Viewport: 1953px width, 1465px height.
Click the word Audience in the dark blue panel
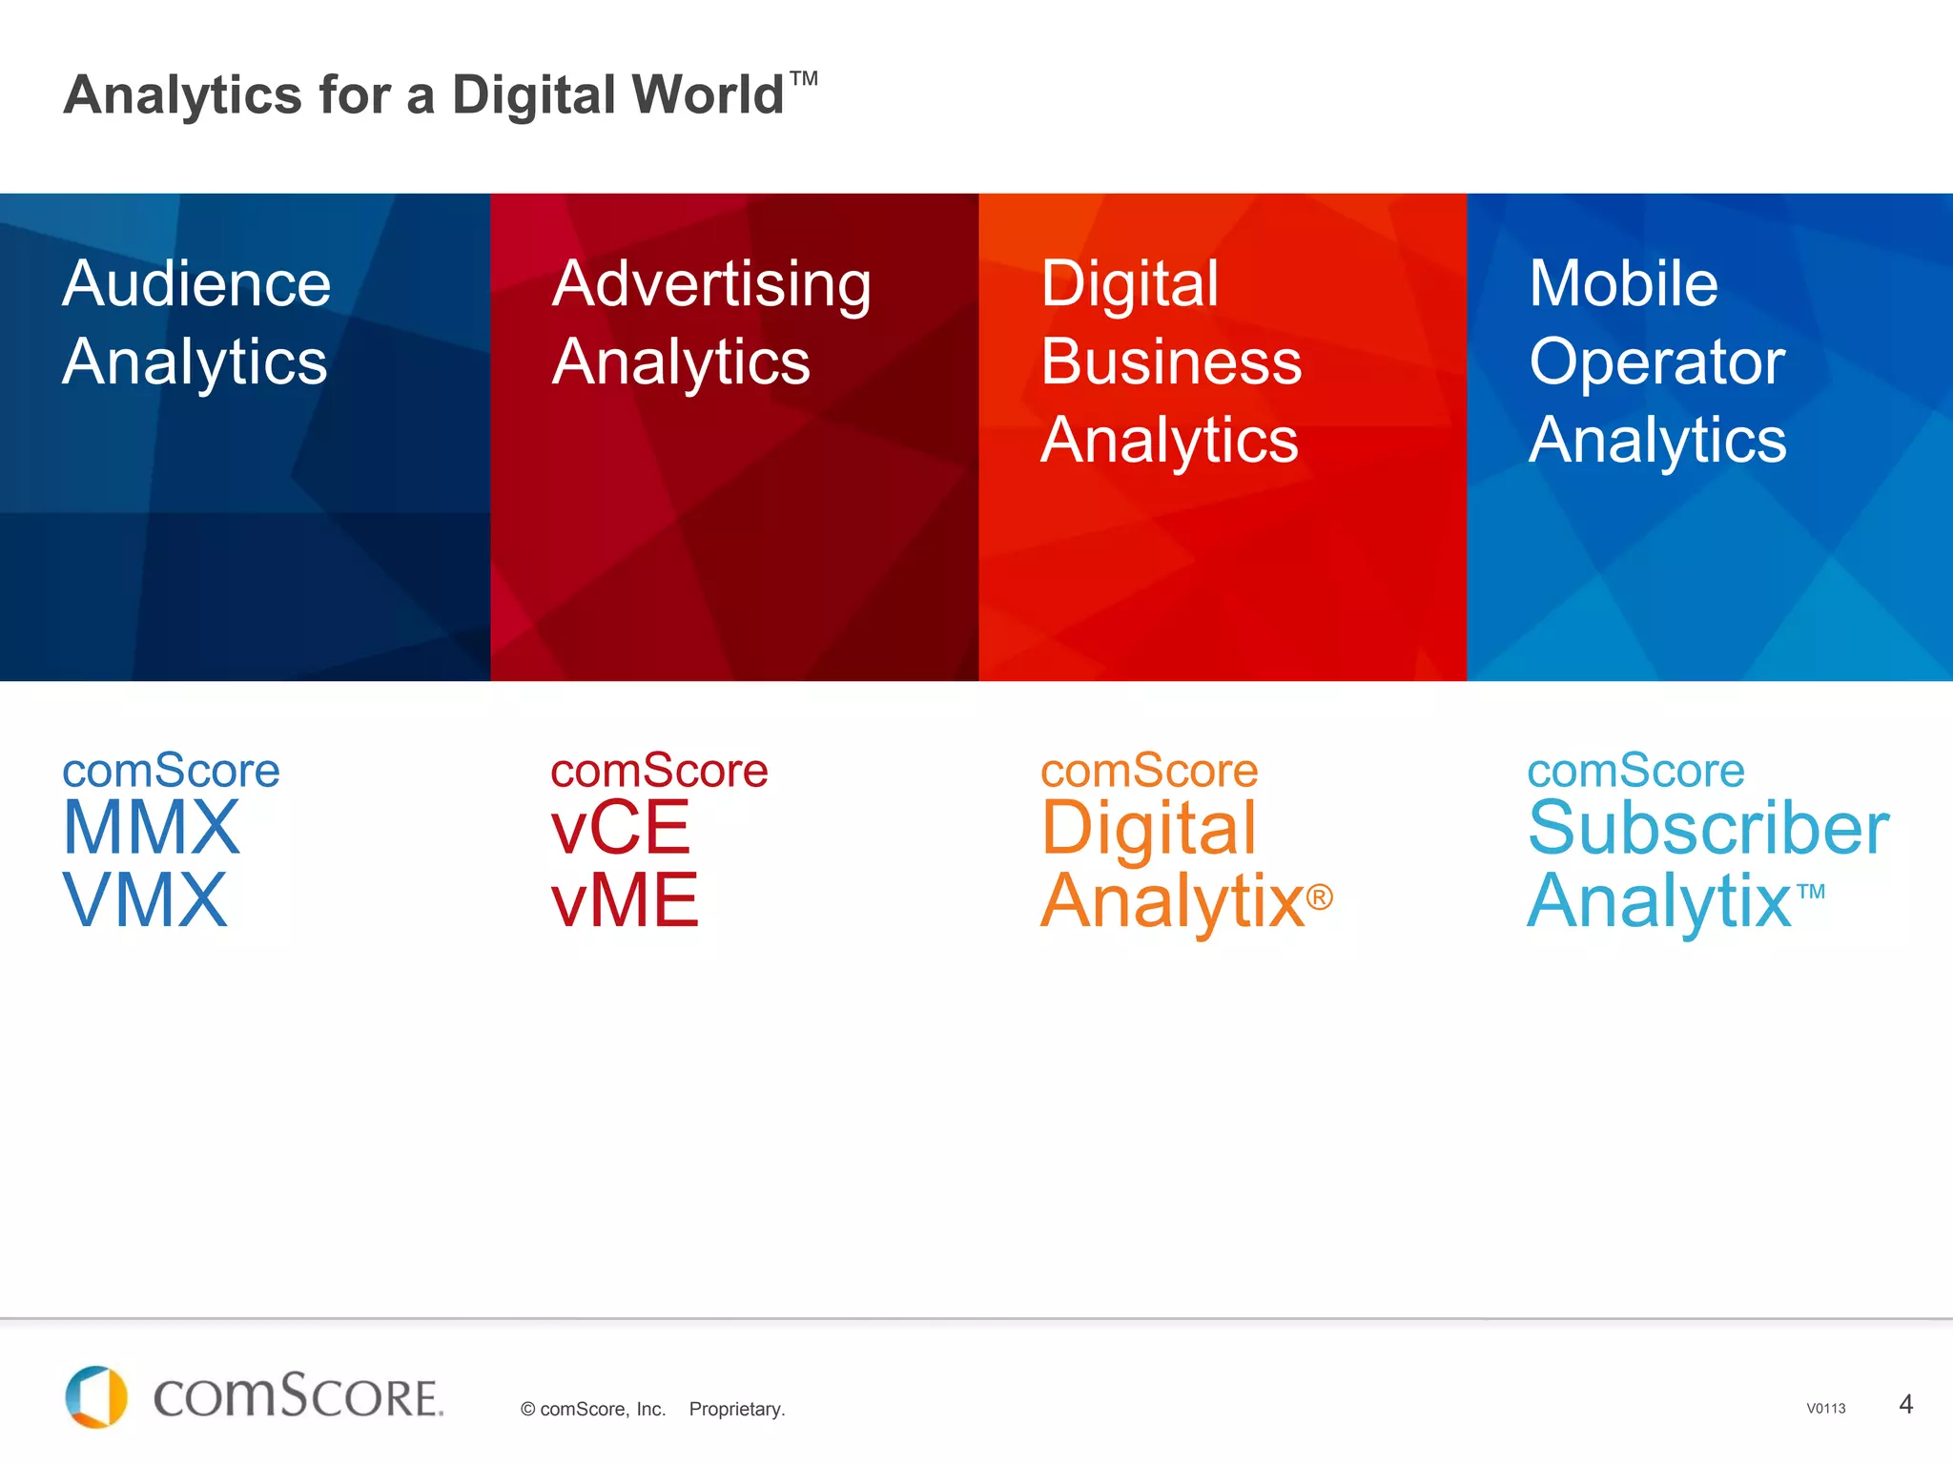[196, 283]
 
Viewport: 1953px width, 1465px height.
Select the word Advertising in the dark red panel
[711, 284]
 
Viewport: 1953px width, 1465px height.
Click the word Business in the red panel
[1171, 361]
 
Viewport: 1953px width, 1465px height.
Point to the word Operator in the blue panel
[1656, 362]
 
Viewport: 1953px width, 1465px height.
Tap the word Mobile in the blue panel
[1623, 283]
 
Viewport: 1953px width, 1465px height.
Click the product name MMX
[151, 828]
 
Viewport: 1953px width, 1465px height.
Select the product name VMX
[145, 900]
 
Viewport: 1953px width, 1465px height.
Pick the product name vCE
[620, 828]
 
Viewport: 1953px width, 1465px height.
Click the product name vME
[625, 900]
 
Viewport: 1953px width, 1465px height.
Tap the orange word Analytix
[1172, 900]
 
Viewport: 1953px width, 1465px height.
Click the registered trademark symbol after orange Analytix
[1320, 897]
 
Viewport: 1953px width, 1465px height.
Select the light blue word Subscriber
[1708, 828]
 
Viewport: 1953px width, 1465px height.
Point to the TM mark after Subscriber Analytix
[1811, 892]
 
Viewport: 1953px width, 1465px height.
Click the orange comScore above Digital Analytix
[1149, 770]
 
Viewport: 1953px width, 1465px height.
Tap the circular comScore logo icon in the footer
[96, 1397]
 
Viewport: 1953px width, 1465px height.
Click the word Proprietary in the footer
[736, 1409]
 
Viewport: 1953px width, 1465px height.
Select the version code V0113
[1825, 1409]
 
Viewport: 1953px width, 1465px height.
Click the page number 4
[1905, 1404]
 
